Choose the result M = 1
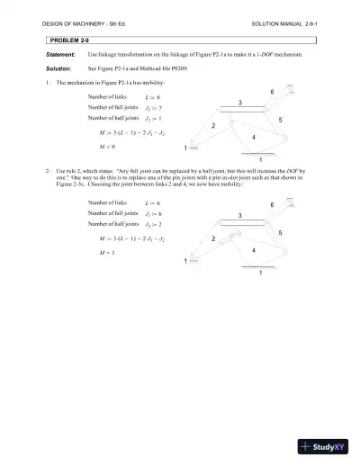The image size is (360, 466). pos(111,253)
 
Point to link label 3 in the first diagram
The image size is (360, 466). pos(239,103)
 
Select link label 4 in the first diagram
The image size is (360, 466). pos(254,137)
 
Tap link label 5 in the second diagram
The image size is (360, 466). pos(281,234)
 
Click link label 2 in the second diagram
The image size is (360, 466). pos(213,240)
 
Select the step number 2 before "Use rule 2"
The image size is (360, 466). pos(46,169)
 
